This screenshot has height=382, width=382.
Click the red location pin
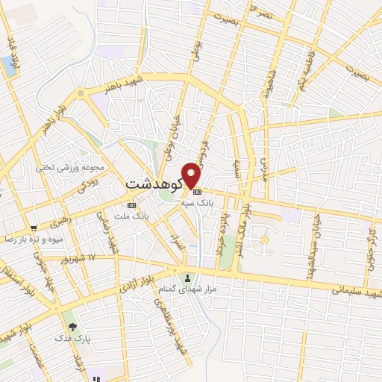click(192, 175)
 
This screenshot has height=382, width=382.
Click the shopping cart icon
click(34, 228)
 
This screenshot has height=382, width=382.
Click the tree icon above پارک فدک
click(72, 326)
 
